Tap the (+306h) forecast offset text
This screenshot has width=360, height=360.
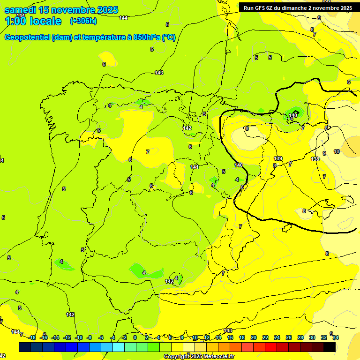pyautogui.click(x=83, y=21)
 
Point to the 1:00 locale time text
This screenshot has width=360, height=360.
pyautogui.click(x=33, y=21)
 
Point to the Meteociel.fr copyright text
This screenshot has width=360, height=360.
pyautogui.click(x=199, y=357)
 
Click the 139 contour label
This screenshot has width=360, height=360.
pyautogui.click(x=278, y=158)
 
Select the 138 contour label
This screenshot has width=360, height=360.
pyautogui.click(x=315, y=159)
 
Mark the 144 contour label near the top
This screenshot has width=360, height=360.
pyautogui.click(x=123, y=18)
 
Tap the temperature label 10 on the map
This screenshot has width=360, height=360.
pyautogui.click(x=337, y=151)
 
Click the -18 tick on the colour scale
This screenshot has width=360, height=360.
pyautogui.click(x=32, y=337)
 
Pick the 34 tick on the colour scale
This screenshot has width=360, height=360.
pyautogui.click(x=336, y=337)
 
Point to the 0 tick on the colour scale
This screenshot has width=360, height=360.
pyautogui.click(x=135, y=337)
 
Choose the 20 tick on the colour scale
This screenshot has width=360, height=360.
pyautogui.click(x=254, y=337)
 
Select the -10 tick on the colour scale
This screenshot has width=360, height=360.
pyautogui.click(x=79, y=337)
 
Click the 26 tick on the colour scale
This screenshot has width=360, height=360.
pyautogui.click(x=289, y=337)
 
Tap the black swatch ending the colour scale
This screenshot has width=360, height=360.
pyautogui.click(x=330, y=347)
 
